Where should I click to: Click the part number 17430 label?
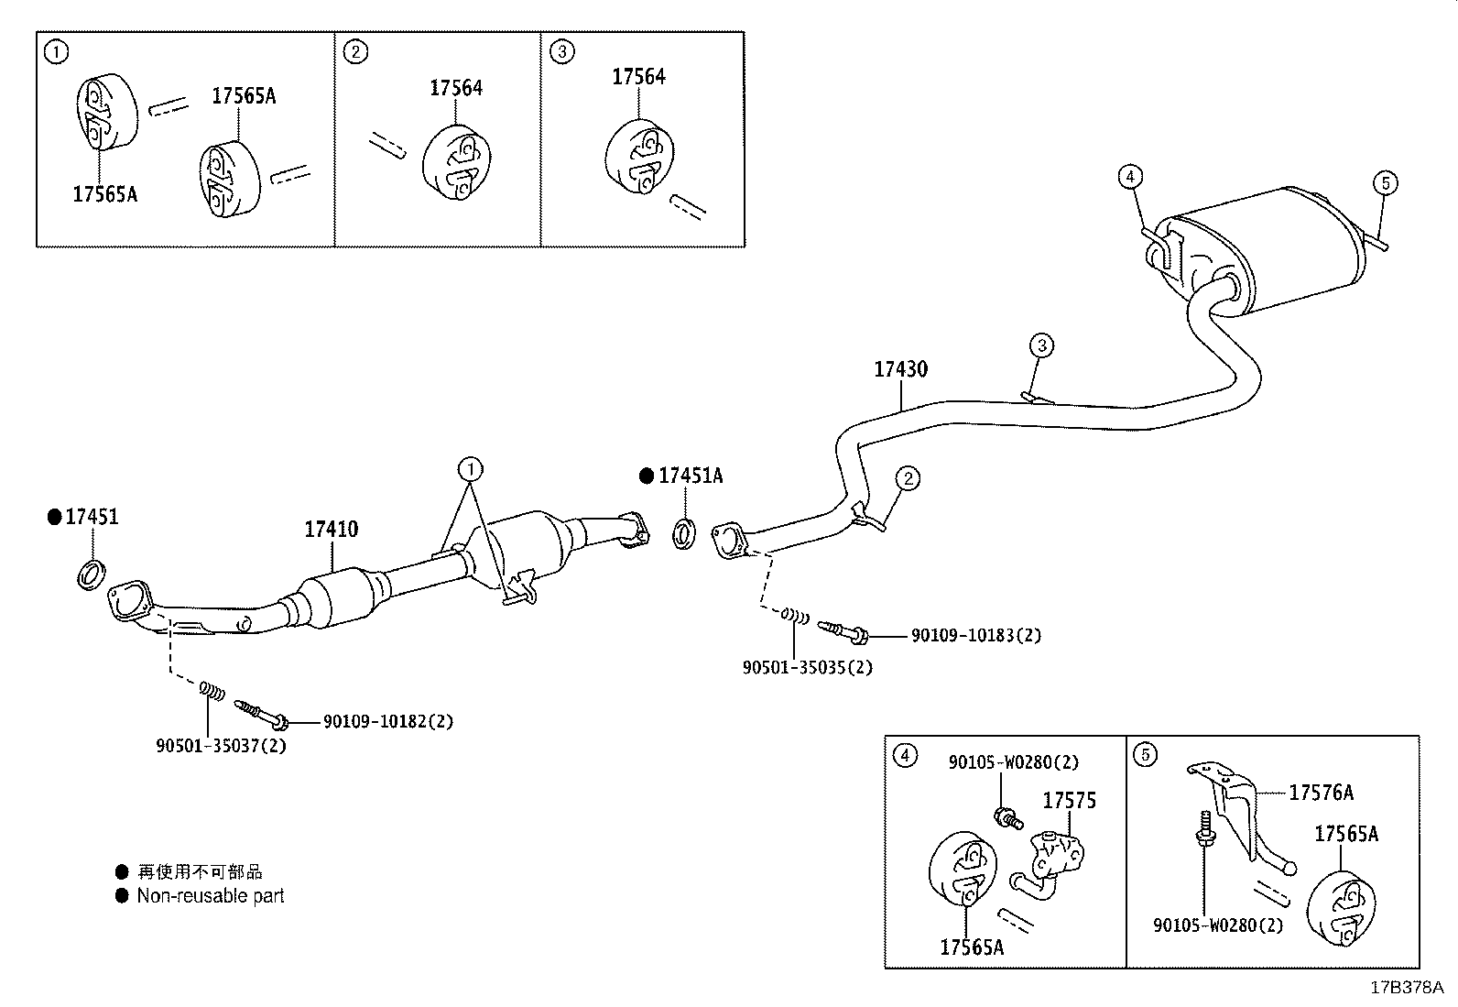point(899,369)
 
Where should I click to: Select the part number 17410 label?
point(331,530)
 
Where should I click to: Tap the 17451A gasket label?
point(690,476)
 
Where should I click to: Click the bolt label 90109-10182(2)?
point(387,722)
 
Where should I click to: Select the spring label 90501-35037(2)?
point(221,746)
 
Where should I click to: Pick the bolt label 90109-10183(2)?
point(975,635)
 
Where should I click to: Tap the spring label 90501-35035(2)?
point(807,667)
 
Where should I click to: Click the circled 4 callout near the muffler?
point(1129,176)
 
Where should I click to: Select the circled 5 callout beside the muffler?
point(1385,183)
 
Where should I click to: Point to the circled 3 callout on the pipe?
point(1040,345)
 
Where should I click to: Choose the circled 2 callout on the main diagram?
point(907,477)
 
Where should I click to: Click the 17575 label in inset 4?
point(1069,801)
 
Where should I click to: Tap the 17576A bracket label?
point(1321,793)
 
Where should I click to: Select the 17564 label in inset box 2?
point(455,88)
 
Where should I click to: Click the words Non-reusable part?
point(210,896)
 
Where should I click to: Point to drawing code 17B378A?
point(1406,988)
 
